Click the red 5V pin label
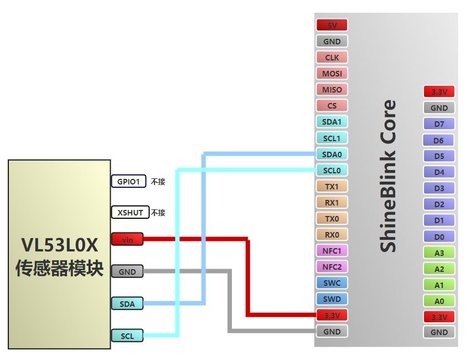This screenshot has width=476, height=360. [x=332, y=25]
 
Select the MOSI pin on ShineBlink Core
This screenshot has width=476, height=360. [x=332, y=73]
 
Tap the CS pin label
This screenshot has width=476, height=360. [x=332, y=106]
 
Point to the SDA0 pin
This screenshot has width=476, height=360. [x=332, y=154]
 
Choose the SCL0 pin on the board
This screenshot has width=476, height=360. [x=332, y=170]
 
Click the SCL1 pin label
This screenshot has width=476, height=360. [x=332, y=138]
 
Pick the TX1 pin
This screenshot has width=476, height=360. [x=332, y=186]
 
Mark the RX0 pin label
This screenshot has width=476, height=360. [x=332, y=234]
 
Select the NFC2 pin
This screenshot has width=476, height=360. [x=332, y=267]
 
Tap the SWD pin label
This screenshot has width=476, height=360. [x=332, y=299]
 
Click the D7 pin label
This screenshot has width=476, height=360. [x=439, y=124]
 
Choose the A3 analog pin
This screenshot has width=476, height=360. [x=439, y=253]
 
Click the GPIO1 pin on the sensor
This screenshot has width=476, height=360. [x=128, y=181]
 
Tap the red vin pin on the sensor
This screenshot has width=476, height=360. [x=127, y=239]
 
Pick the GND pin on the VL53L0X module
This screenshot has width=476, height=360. [x=127, y=271]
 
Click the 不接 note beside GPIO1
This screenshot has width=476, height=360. [x=158, y=181]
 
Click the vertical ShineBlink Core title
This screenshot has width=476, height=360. [x=389, y=176]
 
